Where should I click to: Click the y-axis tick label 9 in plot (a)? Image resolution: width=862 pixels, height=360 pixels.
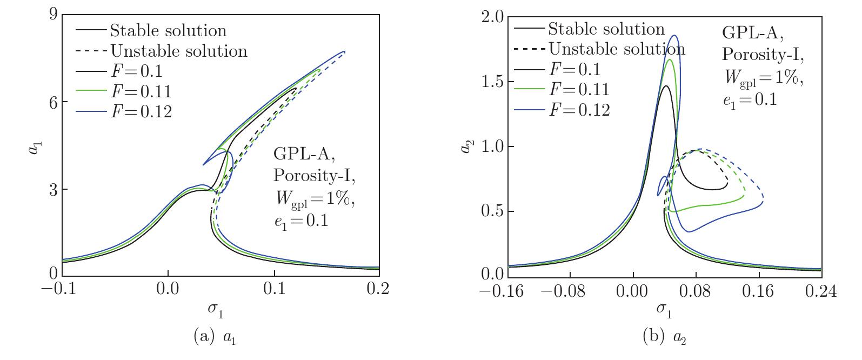53,15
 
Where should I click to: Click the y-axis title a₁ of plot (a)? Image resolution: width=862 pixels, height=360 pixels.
34,145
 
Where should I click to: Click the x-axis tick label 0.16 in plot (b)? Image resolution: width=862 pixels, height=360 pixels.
758,292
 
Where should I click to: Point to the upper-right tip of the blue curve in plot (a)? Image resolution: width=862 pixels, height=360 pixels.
344,51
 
